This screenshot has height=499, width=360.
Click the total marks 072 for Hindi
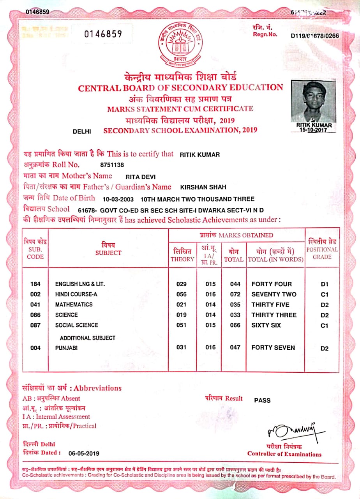pyautogui.click(x=235, y=294)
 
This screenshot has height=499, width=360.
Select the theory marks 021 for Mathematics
pyautogui.click(x=182, y=304)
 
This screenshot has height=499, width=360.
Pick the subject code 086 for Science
pyautogui.click(x=35, y=315)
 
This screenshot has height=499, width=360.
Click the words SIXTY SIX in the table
pyautogui.click(x=266, y=325)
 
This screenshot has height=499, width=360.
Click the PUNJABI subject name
pyautogui.click(x=66, y=348)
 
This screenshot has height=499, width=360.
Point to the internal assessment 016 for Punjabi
pyautogui.click(x=210, y=347)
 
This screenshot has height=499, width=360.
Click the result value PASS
pyautogui.click(x=262, y=400)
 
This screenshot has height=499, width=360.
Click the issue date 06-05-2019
pyautogui.click(x=84, y=453)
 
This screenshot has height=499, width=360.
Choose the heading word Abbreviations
pyautogui.click(x=98, y=388)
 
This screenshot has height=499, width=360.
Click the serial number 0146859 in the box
pyautogui.click(x=103, y=34)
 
